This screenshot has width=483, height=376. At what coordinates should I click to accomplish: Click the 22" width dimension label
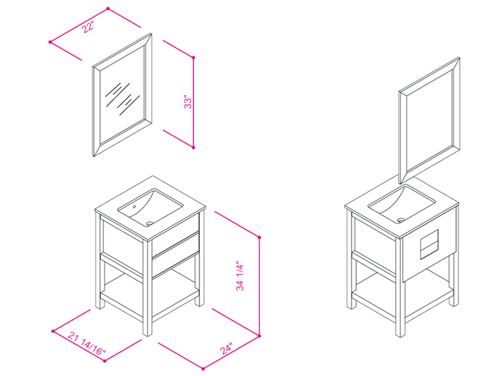(x=88, y=27)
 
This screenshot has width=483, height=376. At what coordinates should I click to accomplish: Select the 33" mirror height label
(x=188, y=101)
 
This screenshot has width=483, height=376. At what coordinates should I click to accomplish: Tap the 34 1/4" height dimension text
(x=240, y=277)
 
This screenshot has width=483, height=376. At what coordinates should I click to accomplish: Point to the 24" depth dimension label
(x=226, y=348)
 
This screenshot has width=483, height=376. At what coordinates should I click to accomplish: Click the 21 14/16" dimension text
(x=87, y=343)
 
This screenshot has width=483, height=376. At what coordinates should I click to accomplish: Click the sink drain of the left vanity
(x=150, y=222)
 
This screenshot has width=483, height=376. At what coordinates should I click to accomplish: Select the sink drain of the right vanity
(x=401, y=220)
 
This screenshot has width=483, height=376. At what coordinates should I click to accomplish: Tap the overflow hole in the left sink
(x=134, y=206)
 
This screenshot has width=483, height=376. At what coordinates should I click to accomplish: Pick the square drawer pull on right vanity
(x=429, y=244)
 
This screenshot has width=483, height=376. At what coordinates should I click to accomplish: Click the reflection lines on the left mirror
(x=122, y=99)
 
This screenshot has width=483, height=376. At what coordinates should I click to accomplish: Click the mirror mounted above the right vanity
(x=429, y=120)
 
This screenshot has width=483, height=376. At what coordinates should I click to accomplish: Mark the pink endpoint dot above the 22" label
(x=108, y=9)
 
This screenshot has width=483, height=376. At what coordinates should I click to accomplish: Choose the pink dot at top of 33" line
(x=194, y=58)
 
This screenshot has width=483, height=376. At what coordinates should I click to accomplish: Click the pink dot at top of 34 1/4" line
(x=259, y=237)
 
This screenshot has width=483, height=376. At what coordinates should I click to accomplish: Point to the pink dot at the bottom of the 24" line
(x=203, y=368)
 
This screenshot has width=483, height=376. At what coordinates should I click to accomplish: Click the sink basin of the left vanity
(x=150, y=206)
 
